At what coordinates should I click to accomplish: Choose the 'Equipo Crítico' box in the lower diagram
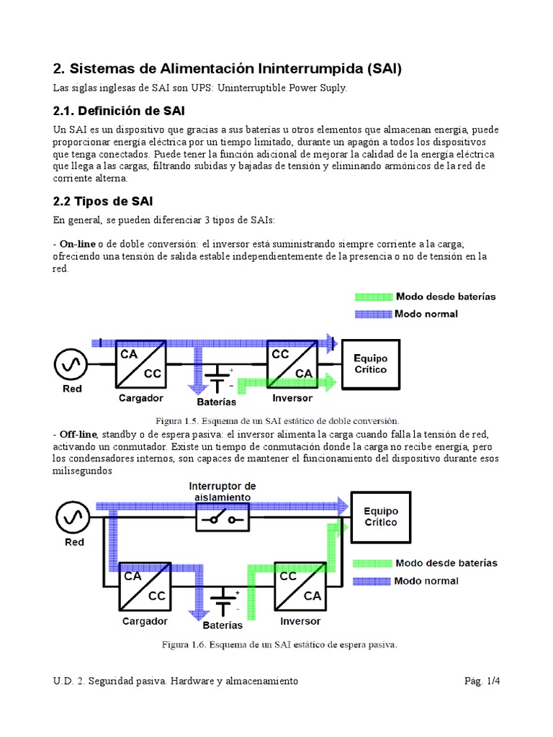click(380, 517)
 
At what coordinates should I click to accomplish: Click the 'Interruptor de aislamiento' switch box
click(223, 517)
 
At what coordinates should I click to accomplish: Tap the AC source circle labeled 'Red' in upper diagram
click(71, 364)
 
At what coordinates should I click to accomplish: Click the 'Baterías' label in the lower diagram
click(222, 625)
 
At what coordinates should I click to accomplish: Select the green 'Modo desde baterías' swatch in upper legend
click(372, 297)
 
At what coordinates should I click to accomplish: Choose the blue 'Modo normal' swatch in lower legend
click(372, 581)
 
